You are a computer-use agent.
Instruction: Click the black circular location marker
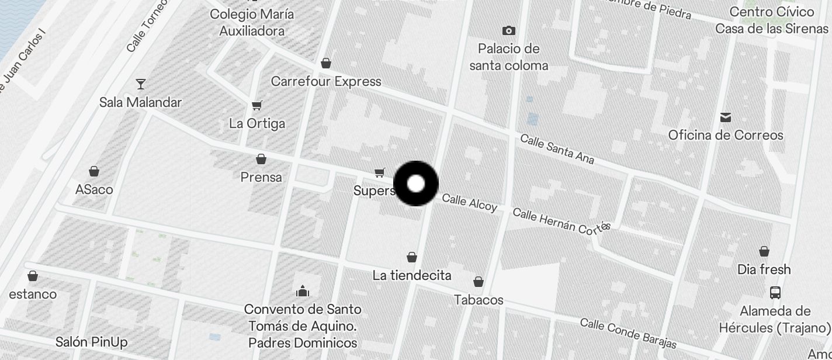click(416, 184)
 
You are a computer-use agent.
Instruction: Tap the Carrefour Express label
click(326, 82)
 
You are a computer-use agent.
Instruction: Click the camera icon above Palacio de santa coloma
click(509, 30)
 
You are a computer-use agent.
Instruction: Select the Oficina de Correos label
click(726, 136)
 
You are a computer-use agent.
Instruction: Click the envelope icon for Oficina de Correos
click(726, 118)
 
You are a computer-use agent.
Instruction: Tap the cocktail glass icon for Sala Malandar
click(140, 84)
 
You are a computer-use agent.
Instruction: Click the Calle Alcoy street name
click(469, 203)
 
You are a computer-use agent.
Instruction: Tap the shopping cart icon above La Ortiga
click(256, 106)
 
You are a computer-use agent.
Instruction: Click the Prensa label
click(261, 177)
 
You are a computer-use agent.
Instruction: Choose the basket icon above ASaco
click(93, 171)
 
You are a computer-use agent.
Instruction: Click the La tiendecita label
click(412, 275)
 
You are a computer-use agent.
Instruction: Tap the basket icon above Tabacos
click(479, 282)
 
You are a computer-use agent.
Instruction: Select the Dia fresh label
click(764, 269)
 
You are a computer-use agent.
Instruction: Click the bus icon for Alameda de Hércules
click(775, 293)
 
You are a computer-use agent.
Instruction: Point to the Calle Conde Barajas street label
click(628, 334)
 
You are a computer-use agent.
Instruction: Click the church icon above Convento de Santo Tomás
click(303, 291)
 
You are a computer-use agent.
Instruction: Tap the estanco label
click(33, 294)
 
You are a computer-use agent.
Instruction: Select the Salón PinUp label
click(92, 342)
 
